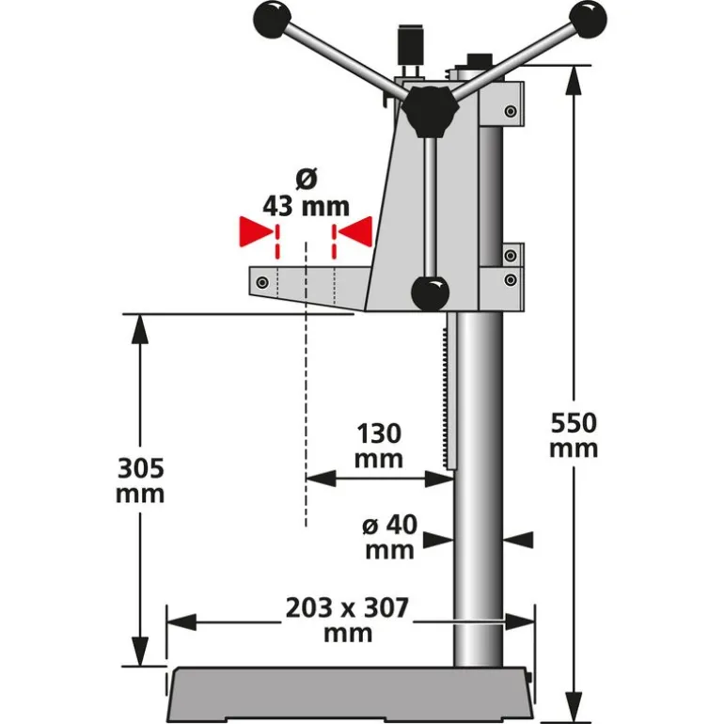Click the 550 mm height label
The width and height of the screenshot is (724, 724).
[574, 435]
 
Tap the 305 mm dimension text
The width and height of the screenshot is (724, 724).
[140, 480]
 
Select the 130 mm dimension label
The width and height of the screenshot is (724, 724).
[379, 446]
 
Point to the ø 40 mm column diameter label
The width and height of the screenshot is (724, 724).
[389, 537]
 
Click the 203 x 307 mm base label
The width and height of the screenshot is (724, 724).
[347, 621]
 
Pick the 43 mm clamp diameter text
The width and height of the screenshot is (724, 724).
[307, 194]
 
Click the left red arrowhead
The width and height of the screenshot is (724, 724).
[256, 231]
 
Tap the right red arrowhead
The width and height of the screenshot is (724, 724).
[355, 231]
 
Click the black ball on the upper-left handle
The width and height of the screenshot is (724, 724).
[273, 19]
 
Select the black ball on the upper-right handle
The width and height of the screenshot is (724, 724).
[589, 19]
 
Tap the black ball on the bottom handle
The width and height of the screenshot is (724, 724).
[431, 293]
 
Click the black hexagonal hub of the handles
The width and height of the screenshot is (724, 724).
[431, 111]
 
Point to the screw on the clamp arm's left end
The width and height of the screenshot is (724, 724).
[262, 282]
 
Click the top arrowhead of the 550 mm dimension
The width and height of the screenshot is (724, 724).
[574, 82]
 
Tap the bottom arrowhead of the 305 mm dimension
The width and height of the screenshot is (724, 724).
[140, 651]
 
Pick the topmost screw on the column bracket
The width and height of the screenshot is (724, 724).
[511, 111]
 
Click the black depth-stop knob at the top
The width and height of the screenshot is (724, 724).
[410, 45]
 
